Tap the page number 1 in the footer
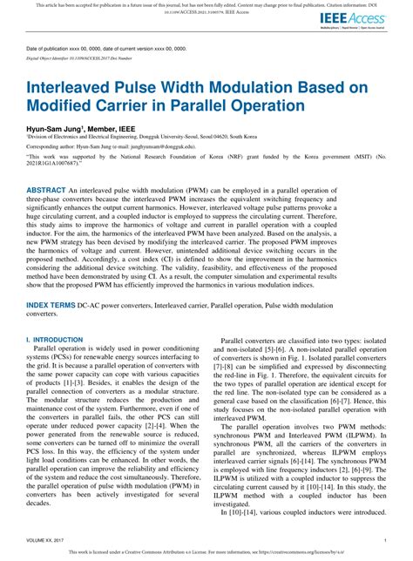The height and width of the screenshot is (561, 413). tap(384, 539)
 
